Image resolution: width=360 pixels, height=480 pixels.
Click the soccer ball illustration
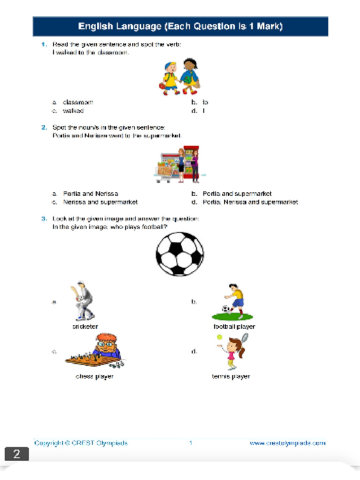point(180,254)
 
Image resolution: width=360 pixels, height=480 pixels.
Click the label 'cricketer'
point(85,327)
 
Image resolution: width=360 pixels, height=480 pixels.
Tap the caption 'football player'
point(234,327)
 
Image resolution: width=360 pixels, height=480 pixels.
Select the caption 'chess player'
point(94,376)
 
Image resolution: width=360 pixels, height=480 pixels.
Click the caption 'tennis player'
point(231,376)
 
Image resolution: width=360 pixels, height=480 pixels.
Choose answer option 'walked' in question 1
point(73,111)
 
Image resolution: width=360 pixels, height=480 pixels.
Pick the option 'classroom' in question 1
point(78,102)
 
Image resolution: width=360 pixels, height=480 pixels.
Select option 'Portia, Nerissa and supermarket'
point(250,202)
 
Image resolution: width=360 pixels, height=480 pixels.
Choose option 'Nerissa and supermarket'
point(100,202)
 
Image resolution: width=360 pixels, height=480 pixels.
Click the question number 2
point(44,127)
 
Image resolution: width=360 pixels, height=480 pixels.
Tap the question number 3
point(44,218)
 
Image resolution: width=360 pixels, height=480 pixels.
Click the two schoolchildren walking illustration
point(180,77)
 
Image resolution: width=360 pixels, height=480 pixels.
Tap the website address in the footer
point(287,443)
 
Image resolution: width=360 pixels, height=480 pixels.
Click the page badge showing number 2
point(17,454)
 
